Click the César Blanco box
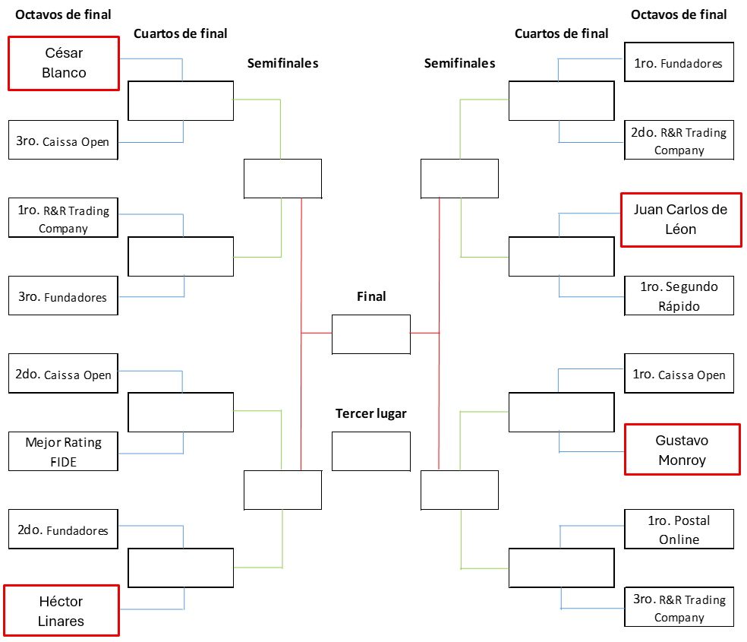(x=64, y=63)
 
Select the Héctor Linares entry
(x=61, y=610)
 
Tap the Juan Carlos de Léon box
(x=681, y=220)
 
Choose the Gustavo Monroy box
(x=682, y=450)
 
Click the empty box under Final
(x=371, y=334)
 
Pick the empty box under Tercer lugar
(x=371, y=451)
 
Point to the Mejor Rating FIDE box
(x=63, y=451)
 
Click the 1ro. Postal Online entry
(x=679, y=530)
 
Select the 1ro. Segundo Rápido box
(x=679, y=296)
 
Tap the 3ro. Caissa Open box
(x=63, y=141)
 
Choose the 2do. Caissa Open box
(x=63, y=374)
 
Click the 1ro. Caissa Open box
(x=679, y=374)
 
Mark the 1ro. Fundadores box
(x=679, y=63)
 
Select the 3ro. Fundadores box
(x=63, y=296)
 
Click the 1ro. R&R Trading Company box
(x=63, y=219)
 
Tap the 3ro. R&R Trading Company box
(x=679, y=607)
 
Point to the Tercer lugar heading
(x=371, y=414)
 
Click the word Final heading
(x=371, y=296)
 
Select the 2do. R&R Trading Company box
(x=679, y=141)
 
